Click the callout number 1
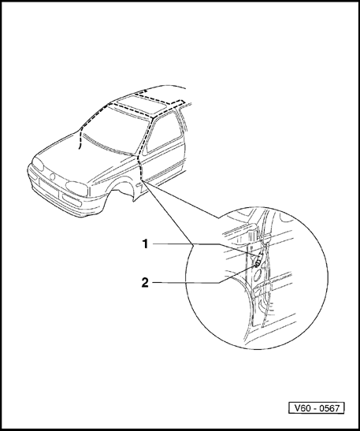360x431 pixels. pos(145,243)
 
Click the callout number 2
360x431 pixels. pos(145,283)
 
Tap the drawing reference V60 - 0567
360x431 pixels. pos(317,408)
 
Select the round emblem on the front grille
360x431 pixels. pos(53,176)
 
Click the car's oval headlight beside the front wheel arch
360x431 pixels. pos(77,188)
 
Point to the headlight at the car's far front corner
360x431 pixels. pos(38,164)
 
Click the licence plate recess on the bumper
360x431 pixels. pos(49,188)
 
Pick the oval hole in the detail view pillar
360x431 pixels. pos(258,275)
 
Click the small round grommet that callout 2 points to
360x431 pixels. pos(257,265)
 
